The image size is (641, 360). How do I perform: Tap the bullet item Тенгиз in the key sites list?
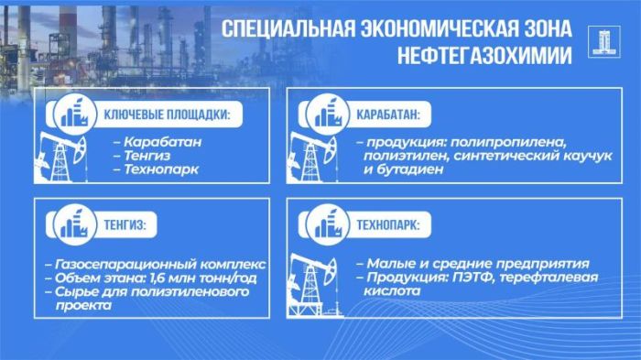[151, 157]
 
